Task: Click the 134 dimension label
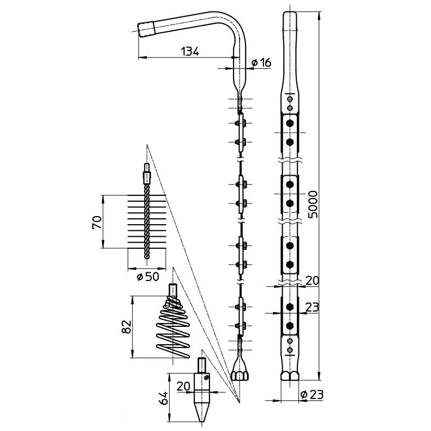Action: pos(190,51)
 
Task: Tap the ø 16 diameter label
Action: pos(261,63)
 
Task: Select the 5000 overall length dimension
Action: pos(313,205)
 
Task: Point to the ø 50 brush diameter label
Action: pos(148,277)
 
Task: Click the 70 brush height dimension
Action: pos(97,222)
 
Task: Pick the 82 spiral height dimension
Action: pos(127,327)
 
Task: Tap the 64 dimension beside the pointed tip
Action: pos(164,398)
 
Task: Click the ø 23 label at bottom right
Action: pos(312,394)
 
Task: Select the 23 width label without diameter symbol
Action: pos(312,307)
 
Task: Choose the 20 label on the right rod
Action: pos(312,280)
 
